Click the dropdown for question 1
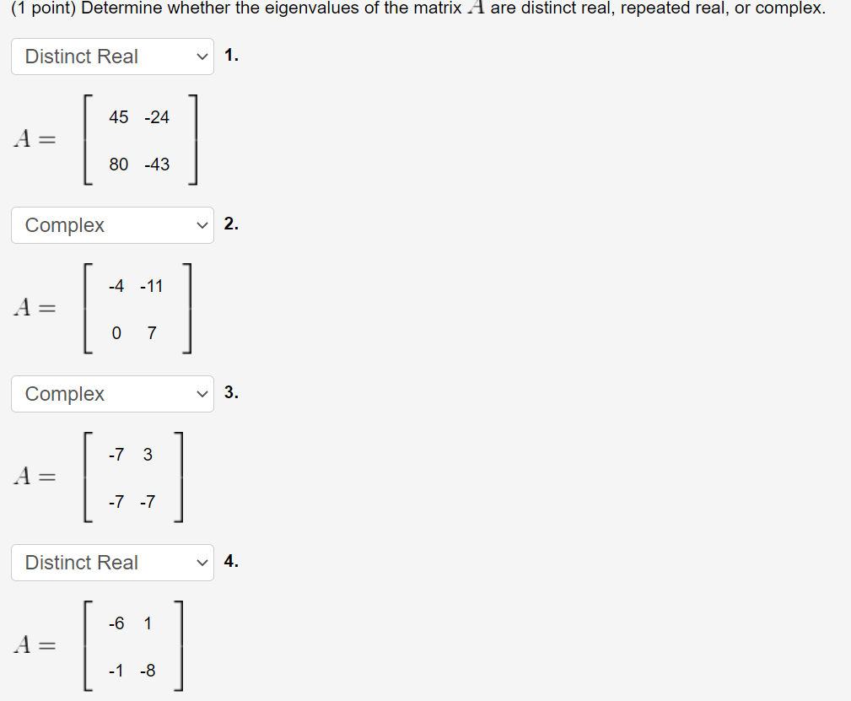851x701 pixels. pos(112,57)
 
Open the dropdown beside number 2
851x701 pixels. pos(112,225)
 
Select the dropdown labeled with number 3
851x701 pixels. pos(112,394)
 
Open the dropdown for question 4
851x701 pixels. pos(112,563)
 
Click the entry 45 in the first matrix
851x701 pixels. pos(119,117)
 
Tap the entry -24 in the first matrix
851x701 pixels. pos(157,117)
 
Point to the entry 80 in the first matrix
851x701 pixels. pos(119,164)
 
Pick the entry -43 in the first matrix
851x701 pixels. pos(157,164)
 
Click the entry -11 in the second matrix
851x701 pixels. pos(151,286)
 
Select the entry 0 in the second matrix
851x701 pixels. pos(116,333)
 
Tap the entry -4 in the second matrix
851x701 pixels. pos(116,286)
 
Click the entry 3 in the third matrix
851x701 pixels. pos(148,455)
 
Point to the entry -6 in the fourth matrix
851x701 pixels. pos(116,623)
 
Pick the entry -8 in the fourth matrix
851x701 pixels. pos(148,671)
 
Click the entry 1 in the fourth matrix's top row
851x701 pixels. pos(148,623)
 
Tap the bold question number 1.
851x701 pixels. pos(232,57)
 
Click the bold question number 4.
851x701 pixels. pos(232,563)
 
